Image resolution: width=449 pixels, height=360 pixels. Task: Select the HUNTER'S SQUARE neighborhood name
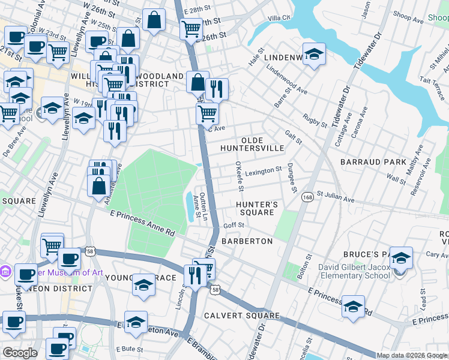257,208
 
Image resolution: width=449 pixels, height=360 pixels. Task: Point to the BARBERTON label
247,241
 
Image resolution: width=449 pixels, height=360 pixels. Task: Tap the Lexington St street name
263,170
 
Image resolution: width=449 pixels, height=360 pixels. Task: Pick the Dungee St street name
292,178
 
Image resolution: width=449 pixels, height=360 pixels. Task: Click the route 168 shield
307,197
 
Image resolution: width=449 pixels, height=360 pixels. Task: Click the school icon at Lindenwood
314,54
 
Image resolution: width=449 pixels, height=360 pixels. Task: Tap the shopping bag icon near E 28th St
154,20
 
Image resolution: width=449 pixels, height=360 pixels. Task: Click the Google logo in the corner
20,353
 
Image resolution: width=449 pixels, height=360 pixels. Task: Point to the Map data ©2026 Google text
412,355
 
